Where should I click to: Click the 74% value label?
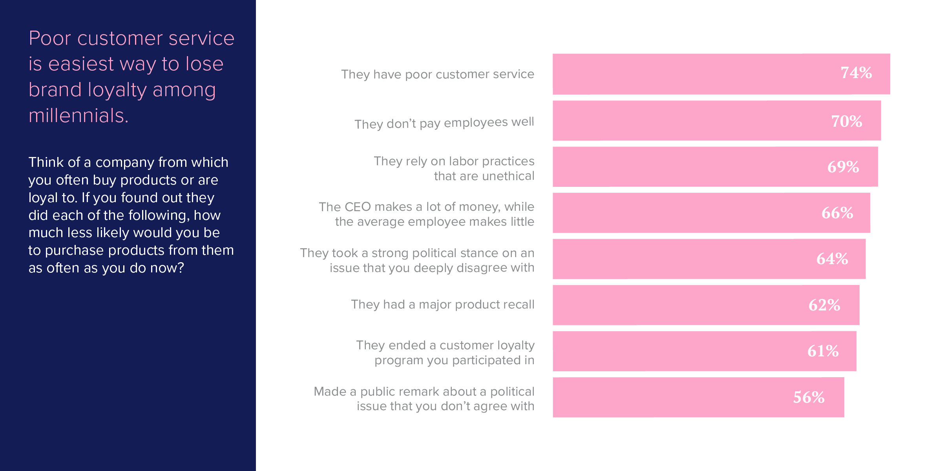[x=856, y=73]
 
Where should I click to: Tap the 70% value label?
[x=847, y=121]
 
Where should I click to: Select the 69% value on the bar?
[x=843, y=167]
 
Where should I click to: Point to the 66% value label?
[x=837, y=213]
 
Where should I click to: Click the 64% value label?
[x=832, y=259]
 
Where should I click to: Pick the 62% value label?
[x=824, y=305]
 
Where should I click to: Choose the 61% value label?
[x=823, y=351]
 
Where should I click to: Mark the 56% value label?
[x=809, y=397]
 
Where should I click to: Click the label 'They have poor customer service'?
[x=438, y=74]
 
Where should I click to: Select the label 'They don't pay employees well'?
[x=444, y=123]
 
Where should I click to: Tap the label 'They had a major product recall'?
[x=443, y=305]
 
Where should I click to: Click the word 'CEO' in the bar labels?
[x=358, y=207]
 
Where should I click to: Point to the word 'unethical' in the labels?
[x=508, y=176]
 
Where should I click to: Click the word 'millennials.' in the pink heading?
[x=78, y=115]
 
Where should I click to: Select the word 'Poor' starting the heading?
[x=50, y=38]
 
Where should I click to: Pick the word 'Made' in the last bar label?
[x=330, y=391]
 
